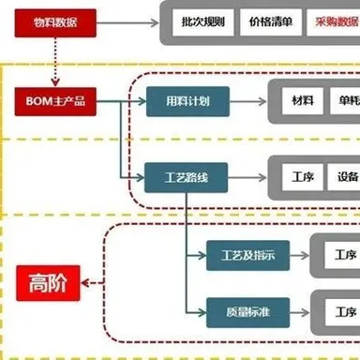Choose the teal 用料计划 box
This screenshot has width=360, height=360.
[x=181, y=100]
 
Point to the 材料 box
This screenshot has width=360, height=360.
[x=302, y=100]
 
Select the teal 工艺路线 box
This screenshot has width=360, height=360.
[x=181, y=175]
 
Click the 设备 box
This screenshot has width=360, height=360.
[x=347, y=175]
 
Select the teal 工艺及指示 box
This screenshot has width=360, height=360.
[x=246, y=254]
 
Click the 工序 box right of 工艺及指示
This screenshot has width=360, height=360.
[x=343, y=254]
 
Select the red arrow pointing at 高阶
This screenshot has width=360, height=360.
[x=92, y=280]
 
